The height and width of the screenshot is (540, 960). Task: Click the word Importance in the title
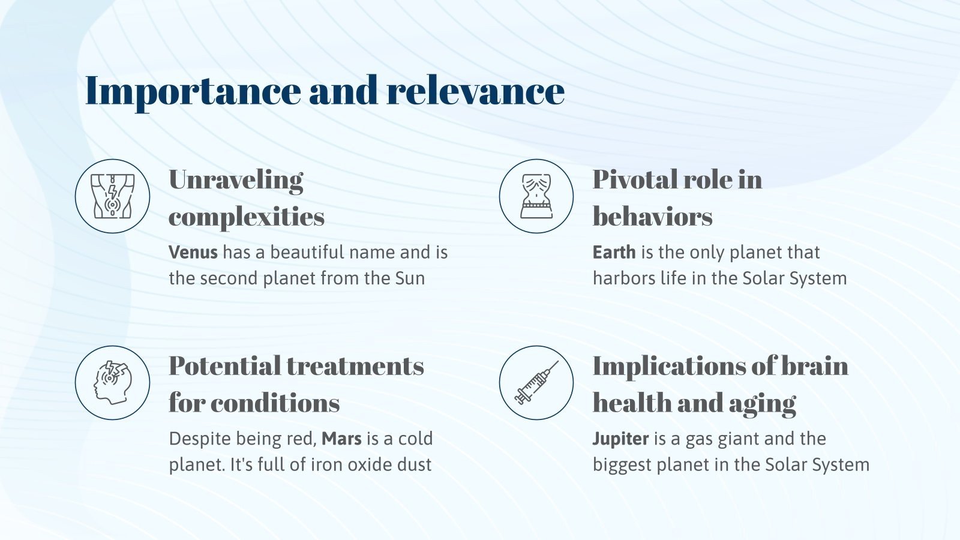[193, 92]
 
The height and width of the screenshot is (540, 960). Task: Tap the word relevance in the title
[476, 91]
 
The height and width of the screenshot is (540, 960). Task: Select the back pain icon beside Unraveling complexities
[112, 196]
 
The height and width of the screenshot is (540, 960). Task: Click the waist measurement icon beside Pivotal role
[536, 196]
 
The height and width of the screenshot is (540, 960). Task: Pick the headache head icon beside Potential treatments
[113, 383]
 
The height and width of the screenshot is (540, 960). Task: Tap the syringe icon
[536, 382]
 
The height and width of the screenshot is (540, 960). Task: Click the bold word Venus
[193, 252]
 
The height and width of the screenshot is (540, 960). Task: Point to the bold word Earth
[614, 252]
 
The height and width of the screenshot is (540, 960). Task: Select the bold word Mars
[341, 439]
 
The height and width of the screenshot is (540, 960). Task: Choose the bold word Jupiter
[620, 439]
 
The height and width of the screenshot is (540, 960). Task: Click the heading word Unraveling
[236, 181]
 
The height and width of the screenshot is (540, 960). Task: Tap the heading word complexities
[247, 217]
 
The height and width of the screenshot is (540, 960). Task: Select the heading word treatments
[355, 366]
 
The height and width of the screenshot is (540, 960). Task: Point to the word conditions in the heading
[275, 403]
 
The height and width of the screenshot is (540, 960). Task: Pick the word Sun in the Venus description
[410, 278]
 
